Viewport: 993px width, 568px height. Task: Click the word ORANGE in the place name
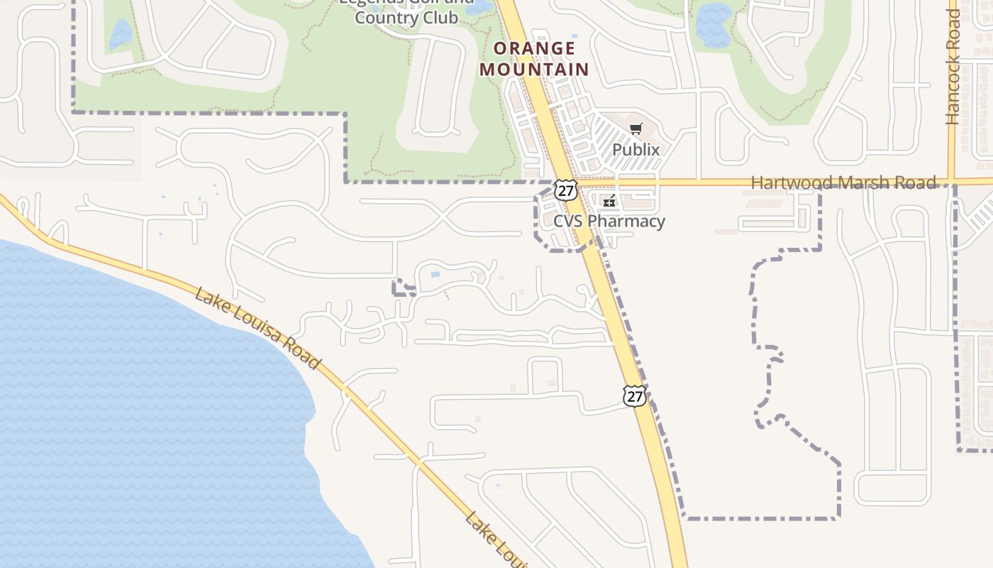[534, 49]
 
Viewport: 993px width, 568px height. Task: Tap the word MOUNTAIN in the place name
[534, 70]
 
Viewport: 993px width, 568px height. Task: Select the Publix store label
[636, 150]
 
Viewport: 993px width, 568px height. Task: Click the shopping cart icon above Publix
[636, 129]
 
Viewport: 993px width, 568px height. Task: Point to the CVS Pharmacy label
[609, 221]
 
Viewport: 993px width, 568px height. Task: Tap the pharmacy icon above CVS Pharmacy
[609, 202]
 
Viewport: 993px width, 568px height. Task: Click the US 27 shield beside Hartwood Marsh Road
[566, 190]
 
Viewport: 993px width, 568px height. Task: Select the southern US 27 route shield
[635, 396]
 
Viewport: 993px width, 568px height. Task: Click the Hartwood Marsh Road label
[843, 182]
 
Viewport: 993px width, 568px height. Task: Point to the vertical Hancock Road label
[953, 67]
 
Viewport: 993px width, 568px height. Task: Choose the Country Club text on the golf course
[406, 18]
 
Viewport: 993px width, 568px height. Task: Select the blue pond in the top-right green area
[714, 25]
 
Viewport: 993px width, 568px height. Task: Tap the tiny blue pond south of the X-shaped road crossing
[435, 274]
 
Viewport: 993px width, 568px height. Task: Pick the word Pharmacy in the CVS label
[626, 221]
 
